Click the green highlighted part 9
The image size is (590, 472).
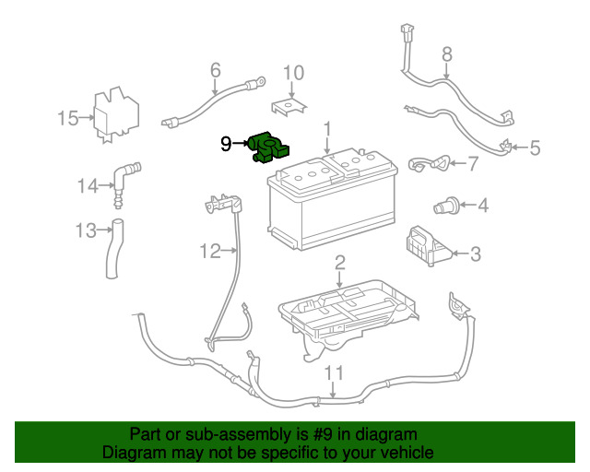(268, 148)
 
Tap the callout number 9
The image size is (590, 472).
(225, 144)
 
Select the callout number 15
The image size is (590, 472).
(67, 118)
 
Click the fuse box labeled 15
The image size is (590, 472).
(116, 114)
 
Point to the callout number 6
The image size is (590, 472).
(215, 70)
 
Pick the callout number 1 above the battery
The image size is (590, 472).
(327, 129)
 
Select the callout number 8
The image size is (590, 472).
(446, 54)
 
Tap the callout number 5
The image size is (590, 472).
(535, 147)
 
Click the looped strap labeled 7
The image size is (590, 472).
(429, 163)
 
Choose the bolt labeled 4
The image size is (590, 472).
(446, 206)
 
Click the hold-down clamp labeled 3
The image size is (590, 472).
(428, 245)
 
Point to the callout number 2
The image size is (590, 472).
(340, 263)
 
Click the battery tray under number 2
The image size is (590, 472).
(348, 316)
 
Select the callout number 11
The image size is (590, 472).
(334, 373)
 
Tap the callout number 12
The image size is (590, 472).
(210, 251)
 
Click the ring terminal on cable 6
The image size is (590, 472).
(260, 81)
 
